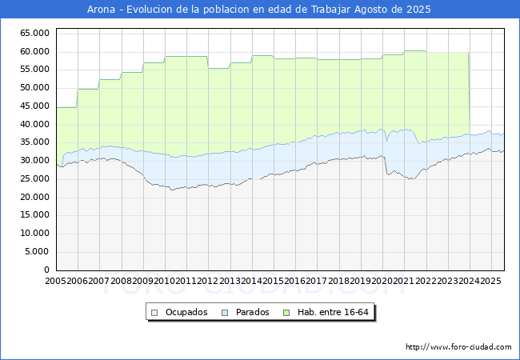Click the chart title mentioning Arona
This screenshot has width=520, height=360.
[259, 10]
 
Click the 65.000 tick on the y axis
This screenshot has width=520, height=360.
[35, 33]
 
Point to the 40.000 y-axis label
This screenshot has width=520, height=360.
[35, 124]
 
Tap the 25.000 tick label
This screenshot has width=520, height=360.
[35, 178]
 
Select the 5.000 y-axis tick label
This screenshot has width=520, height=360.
[38, 251]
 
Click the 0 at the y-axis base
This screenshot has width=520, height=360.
[47, 270]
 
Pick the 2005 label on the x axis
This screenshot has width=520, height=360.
[56, 282]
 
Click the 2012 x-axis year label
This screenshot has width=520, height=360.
[208, 282]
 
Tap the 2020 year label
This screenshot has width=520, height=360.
[382, 282]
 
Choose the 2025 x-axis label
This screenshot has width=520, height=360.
[490, 282]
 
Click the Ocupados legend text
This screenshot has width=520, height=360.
[186, 312]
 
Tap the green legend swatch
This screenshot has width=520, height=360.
[294, 312]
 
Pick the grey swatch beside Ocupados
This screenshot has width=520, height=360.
[155, 312]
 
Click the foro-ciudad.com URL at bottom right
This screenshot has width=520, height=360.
[458, 347]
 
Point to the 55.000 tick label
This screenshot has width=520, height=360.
[35, 70]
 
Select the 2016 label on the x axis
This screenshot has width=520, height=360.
[294, 282]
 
